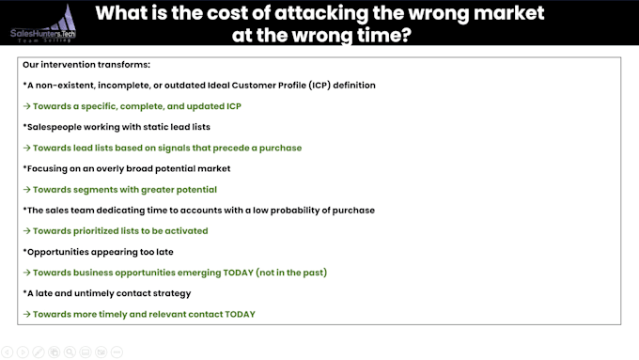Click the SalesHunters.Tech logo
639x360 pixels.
click(x=43, y=24)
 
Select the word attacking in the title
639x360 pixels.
click(x=321, y=14)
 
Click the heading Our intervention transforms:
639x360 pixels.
click(x=86, y=65)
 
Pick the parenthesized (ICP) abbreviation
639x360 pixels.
click(x=319, y=86)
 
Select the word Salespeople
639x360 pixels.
click(x=55, y=127)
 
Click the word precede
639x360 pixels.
click(x=231, y=149)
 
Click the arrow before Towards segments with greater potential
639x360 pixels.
click(x=27, y=190)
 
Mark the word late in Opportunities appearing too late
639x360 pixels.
click(x=164, y=252)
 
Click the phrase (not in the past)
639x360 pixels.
click(x=291, y=273)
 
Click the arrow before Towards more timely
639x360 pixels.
click(x=27, y=314)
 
